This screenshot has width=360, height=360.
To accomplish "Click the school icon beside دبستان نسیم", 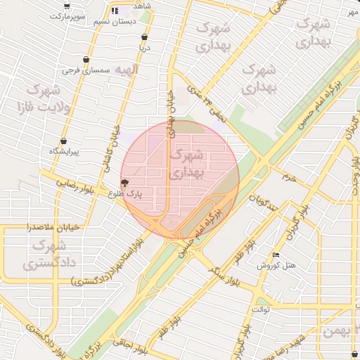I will pos(115,11).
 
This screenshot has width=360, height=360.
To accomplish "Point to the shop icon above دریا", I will pos(144,37).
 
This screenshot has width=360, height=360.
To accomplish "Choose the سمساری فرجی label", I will pos(86,70).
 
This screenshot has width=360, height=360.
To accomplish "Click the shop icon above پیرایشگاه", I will pos(63,141).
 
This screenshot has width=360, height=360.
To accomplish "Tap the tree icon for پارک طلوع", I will pos(125,184).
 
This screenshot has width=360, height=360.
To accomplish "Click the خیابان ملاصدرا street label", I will pos(27,227).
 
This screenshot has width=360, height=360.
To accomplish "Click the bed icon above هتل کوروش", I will pos(276,255).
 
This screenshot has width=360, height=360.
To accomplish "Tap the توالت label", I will pos(260,309).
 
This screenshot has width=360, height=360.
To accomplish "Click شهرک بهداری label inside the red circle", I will pos(186,163).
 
